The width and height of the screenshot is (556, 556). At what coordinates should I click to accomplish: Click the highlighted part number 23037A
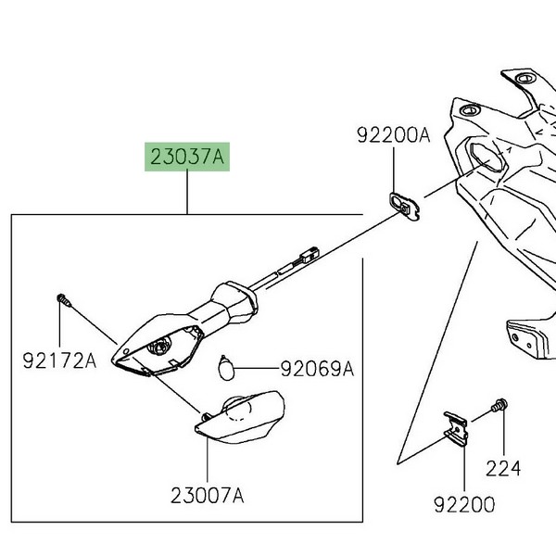[x=186, y=158]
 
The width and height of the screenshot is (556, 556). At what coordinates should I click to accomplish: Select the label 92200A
[x=394, y=136]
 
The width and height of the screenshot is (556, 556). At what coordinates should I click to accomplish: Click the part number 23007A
[x=208, y=496]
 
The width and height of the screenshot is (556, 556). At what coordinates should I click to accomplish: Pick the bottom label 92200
[x=463, y=505]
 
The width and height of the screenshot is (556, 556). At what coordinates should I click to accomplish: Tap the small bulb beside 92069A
[x=223, y=365]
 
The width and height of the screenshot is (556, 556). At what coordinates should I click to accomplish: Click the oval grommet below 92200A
[x=403, y=201]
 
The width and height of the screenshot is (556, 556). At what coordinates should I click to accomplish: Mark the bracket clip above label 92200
[x=456, y=425]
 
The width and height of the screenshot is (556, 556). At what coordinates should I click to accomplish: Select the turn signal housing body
[x=162, y=343]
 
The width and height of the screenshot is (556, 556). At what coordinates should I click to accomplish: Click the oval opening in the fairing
[x=485, y=157]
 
